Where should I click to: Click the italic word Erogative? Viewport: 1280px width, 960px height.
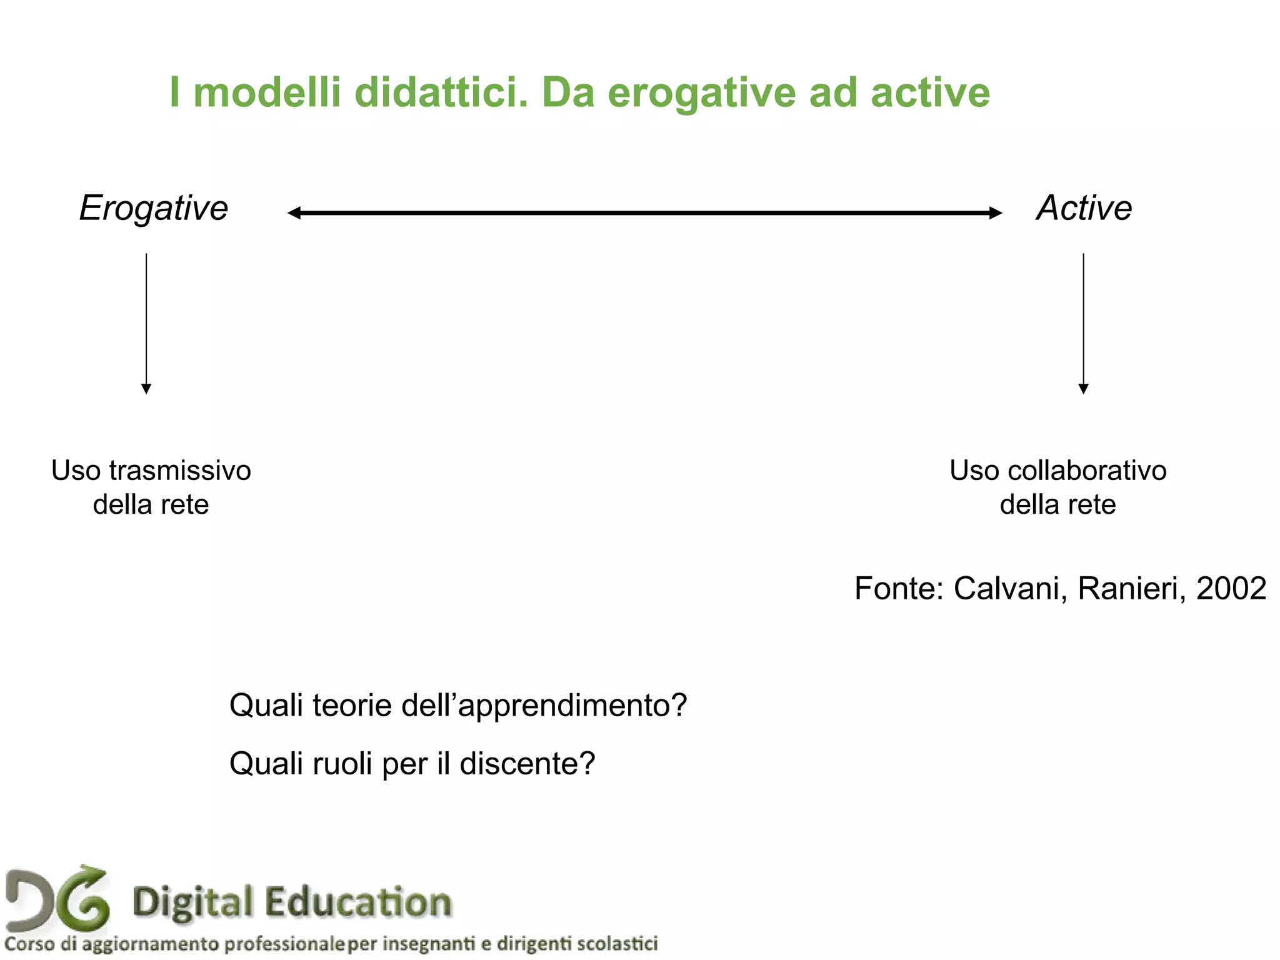pyautogui.click(x=154, y=208)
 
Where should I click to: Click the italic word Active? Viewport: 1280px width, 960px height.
pyautogui.click(x=1084, y=208)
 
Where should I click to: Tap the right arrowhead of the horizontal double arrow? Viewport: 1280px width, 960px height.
pyautogui.click(x=996, y=213)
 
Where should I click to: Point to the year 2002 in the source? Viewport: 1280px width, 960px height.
pyautogui.click(x=1231, y=588)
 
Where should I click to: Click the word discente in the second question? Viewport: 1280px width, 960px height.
pyautogui.click(x=527, y=764)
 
